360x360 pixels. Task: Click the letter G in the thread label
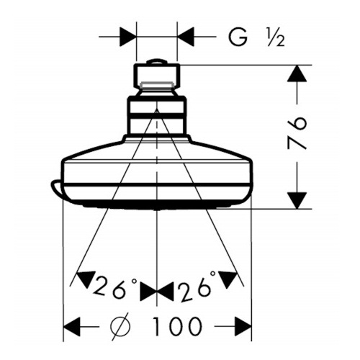[238, 37]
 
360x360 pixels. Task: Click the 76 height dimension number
[297, 133]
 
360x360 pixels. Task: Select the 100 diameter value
[176, 327]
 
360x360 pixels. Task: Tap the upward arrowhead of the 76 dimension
[297, 73]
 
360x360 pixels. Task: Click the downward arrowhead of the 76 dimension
[297, 200]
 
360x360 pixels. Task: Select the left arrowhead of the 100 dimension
[71, 327]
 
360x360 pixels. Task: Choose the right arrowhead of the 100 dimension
[243, 327]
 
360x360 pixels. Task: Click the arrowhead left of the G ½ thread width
[128, 37]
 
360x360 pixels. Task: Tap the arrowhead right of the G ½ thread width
[186, 37]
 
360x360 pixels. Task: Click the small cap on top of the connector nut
[156, 62]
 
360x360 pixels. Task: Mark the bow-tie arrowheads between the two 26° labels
[156, 292]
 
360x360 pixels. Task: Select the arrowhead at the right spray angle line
[227, 279]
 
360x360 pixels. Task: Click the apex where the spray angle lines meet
[157, 109]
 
